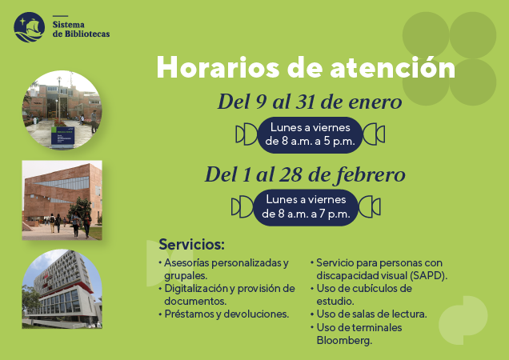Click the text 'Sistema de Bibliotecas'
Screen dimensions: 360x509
pos(81,29)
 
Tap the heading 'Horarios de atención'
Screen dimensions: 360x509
pos(306,67)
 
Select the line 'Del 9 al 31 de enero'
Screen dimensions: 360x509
pos(310,102)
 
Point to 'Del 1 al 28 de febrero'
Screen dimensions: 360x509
pos(305,174)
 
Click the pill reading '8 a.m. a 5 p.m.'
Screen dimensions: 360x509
pos(310,134)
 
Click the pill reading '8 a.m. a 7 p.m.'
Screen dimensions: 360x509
pos(306,207)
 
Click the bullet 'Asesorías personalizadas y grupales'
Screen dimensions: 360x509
pos(223,268)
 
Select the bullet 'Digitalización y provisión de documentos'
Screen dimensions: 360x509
pos(227,294)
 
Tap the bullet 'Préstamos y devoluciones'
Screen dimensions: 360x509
pos(225,314)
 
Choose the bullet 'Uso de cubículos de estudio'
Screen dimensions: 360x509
pos(363,294)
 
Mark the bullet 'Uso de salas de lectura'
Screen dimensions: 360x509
pos(371,314)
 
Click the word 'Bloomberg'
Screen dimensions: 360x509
pos(345,341)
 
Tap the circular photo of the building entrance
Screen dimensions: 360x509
pos(62,110)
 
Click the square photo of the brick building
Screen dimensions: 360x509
pos(62,200)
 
